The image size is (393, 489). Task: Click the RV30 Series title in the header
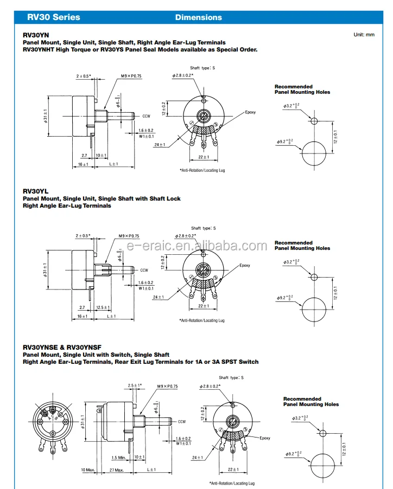pos(53,17)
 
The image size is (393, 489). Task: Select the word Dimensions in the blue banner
pos(198,17)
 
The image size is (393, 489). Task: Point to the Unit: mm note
pos(364,35)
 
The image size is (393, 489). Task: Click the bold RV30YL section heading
pos(36,191)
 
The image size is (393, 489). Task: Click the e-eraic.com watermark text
pos(196,246)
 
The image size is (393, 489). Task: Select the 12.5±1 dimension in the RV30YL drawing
pos(100,307)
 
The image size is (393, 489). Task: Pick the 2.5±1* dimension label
pos(134,385)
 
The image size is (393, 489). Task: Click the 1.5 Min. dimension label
pos(119,458)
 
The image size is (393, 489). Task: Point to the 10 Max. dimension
pos(88,469)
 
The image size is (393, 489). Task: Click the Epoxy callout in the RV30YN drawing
pos(250,112)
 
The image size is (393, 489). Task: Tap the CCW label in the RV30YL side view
pos(144,270)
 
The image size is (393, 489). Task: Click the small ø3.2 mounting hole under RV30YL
pos(313,277)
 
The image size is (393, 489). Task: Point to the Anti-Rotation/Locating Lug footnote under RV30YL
pos(202,320)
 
